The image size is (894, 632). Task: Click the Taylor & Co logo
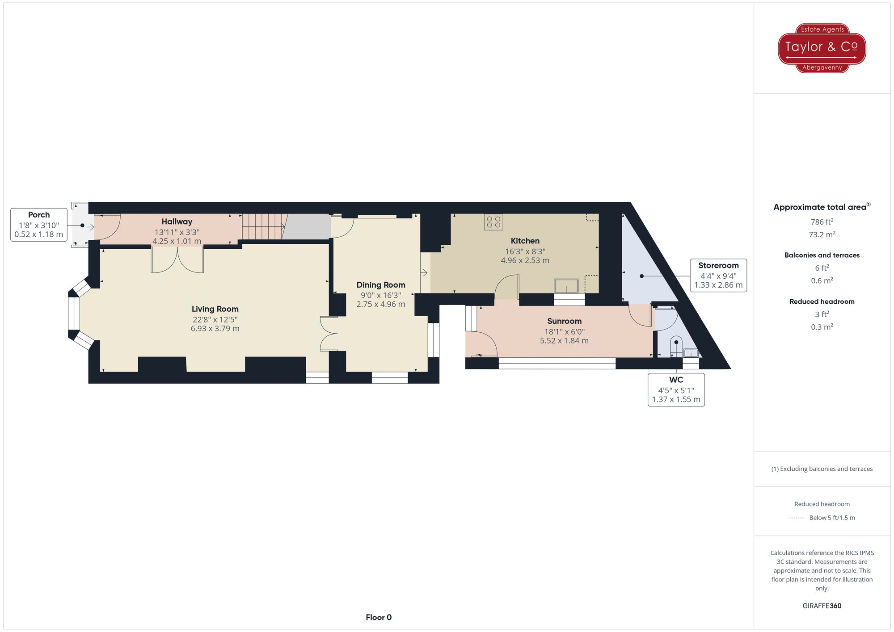822,48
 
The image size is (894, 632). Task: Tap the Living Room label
215,309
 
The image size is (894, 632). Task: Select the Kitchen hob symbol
493,222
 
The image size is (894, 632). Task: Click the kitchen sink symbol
566,285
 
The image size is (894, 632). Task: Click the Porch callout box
39,225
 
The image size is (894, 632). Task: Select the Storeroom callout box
718,275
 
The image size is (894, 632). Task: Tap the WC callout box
676,389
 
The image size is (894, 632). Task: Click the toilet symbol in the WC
676,347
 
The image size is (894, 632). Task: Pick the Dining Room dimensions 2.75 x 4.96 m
381,304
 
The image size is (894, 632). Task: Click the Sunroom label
564,321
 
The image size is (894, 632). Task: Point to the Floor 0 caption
379,617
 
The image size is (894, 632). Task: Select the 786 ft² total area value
822,222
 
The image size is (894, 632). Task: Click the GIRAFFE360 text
822,606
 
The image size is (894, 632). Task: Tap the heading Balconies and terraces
822,255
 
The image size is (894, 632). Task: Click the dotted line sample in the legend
797,518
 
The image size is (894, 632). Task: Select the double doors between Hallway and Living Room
177,260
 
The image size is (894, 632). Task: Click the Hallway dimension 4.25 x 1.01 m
177,241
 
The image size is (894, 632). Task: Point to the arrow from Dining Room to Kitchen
424,272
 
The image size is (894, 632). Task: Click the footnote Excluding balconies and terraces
822,469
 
